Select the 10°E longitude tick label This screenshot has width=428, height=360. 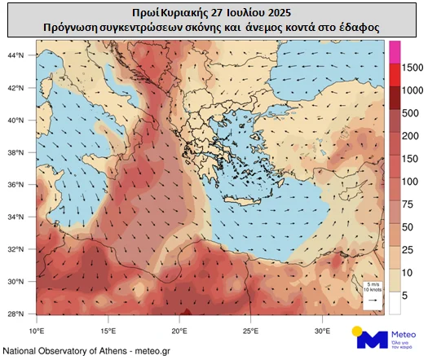(36, 331)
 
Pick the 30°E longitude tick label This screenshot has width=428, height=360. (323, 331)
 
